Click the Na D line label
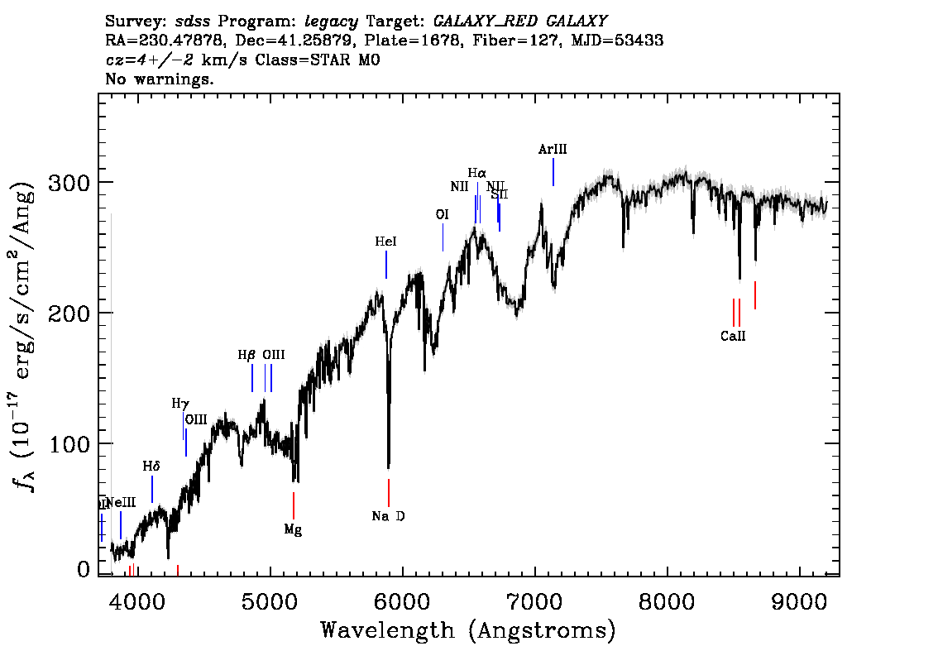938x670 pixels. (x=389, y=516)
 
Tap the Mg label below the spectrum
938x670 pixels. (x=293, y=529)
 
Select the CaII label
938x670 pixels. (x=733, y=336)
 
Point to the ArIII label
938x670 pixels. (x=553, y=149)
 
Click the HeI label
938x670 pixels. (x=385, y=242)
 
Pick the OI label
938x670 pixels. (x=442, y=214)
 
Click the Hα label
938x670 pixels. (x=477, y=173)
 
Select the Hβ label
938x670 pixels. (x=246, y=355)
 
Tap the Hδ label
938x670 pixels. (x=151, y=467)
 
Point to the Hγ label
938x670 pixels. (x=180, y=404)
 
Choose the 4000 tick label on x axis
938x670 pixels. (x=137, y=598)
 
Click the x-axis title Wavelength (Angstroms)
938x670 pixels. (x=468, y=631)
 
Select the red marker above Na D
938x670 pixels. (x=388, y=492)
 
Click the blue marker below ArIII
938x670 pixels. (x=553, y=172)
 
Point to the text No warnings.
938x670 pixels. (x=160, y=79)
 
